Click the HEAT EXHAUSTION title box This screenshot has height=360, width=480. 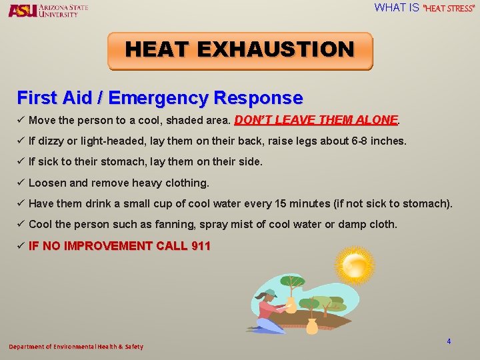point(240,51)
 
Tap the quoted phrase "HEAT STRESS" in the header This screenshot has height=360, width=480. point(449,9)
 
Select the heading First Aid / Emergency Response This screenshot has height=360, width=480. point(160,98)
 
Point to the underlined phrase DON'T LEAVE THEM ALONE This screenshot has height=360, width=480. point(316,121)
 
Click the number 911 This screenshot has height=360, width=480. point(201,246)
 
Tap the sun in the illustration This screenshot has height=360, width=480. point(355,266)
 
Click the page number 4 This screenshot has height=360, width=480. point(449,341)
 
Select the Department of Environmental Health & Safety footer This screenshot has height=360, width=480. point(76,347)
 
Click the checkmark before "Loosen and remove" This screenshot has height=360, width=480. point(21,183)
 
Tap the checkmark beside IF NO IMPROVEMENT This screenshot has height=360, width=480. point(21,246)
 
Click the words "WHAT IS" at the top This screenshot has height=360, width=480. point(396,8)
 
